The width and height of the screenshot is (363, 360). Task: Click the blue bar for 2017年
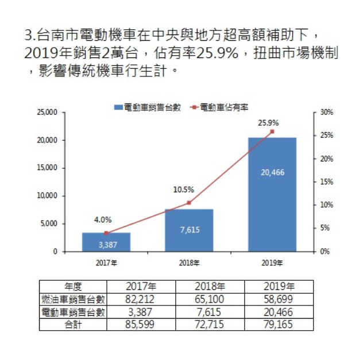click(106, 242)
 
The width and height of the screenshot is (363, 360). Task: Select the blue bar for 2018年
click(189, 230)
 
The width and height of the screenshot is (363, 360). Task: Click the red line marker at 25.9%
click(272, 131)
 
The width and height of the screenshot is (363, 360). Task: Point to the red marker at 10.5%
click(189, 203)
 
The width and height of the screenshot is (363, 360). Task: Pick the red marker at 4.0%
click(106, 233)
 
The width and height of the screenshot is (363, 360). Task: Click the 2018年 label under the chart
click(189, 263)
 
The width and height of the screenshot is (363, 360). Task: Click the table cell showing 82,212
click(141, 299)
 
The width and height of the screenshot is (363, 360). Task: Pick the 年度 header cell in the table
click(74, 287)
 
